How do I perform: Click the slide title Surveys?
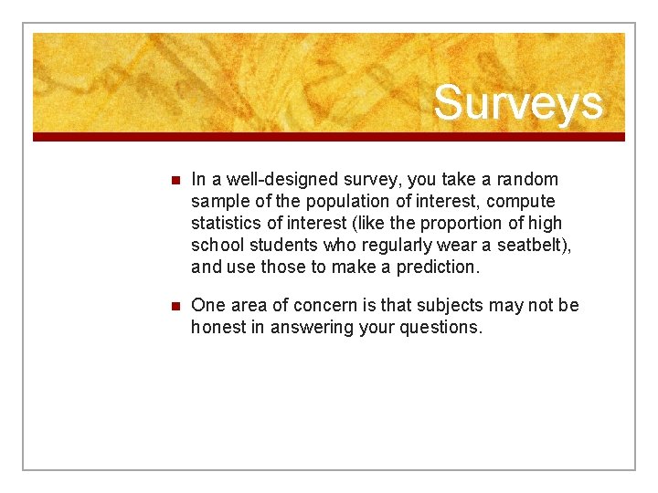[518, 102]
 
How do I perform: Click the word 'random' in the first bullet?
[527, 179]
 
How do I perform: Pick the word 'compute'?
[520, 201]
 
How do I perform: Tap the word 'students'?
[285, 245]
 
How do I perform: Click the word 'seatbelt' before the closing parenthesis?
[529, 245]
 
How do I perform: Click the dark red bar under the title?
[329, 137]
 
